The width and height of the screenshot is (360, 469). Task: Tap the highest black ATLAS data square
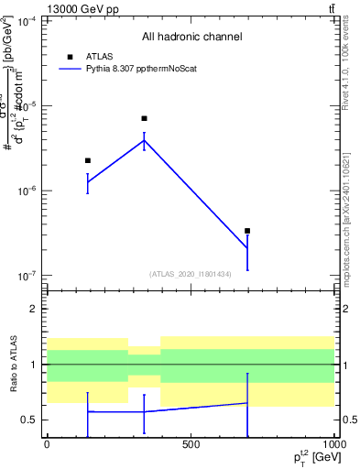(x=144, y=118)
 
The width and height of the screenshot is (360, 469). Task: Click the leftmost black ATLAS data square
(x=88, y=160)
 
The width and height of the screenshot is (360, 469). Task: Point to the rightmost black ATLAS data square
(x=247, y=231)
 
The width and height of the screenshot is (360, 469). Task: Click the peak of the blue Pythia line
(x=144, y=139)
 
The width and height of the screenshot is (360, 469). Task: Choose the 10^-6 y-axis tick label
(x=27, y=191)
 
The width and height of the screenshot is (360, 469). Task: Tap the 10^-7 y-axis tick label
(x=27, y=276)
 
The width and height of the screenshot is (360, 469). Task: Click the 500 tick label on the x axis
(x=191, y=445)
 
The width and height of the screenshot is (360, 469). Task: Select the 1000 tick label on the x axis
(x=333, y=445)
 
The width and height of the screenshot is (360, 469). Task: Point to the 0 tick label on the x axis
(x=47, y=445)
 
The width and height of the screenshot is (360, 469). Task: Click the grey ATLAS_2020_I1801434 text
(x=191, y=274)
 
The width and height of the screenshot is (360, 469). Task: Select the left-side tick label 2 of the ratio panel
(x=34, y=310)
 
